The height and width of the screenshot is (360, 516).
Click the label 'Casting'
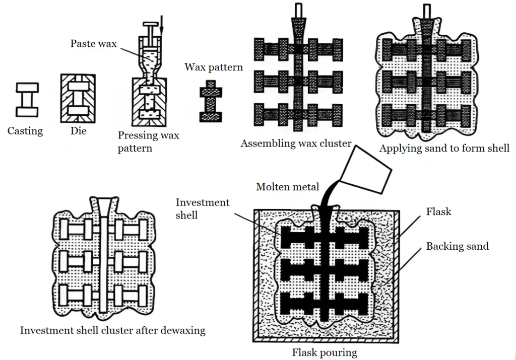pos(25,131)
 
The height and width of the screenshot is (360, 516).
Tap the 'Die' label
pos(78,131)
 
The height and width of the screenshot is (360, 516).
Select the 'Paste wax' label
pos(93,44)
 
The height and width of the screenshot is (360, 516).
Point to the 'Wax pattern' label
pos(214,67)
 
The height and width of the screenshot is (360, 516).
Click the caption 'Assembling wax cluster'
pos(296,143)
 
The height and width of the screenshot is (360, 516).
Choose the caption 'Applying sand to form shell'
pos(444,148)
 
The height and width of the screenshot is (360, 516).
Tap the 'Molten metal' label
pos(287,187)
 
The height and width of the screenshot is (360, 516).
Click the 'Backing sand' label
pos(458,246)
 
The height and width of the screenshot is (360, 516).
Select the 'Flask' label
pos(438,211)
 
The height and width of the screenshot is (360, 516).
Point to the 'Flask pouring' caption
pos(325,352)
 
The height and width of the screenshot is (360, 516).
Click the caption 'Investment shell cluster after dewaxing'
pos(113,330)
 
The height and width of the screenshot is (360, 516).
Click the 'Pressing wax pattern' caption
pos(148,141)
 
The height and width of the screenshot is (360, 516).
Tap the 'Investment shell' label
pos(202,208)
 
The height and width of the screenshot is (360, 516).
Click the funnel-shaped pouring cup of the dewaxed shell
pos(103,206)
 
